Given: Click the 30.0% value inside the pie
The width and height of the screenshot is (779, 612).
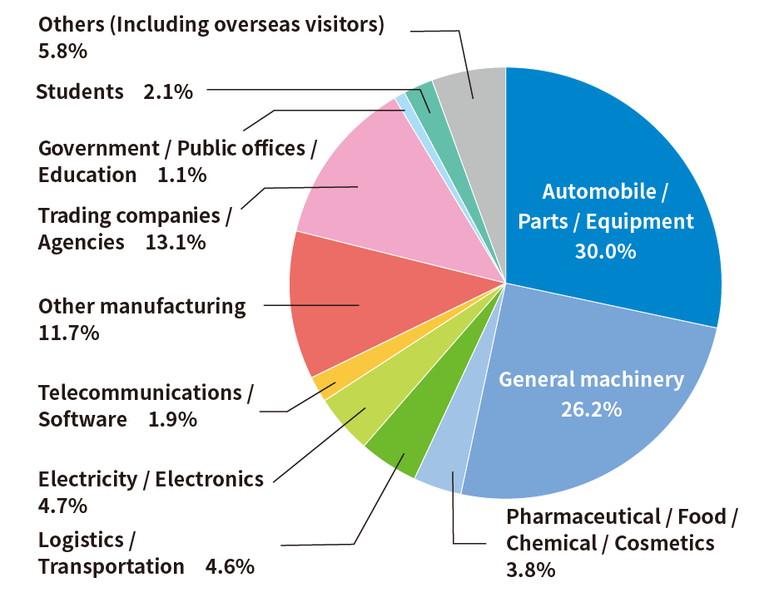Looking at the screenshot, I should coord(605,251).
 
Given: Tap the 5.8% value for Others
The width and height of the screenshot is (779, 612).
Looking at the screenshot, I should coord(62,51).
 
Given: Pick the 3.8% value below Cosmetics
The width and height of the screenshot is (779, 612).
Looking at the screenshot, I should coord(530,570).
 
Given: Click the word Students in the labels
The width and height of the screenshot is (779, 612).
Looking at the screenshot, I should coord(80,91).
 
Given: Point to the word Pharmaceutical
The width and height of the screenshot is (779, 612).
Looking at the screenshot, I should coord(583,516).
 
